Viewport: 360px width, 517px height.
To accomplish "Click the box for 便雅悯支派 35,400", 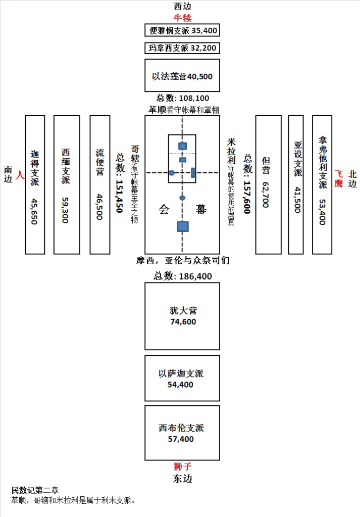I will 182,30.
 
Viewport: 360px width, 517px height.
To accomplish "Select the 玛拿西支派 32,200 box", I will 182,49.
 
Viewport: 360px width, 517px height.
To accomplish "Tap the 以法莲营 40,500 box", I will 182,75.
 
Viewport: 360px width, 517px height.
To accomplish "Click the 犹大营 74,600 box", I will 182,316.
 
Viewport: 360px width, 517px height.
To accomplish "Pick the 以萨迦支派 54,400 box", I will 182,378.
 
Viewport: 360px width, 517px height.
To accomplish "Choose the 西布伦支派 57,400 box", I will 182,433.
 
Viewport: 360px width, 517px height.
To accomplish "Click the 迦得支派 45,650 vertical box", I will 35,184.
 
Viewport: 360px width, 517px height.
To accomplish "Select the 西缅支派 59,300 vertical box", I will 67,184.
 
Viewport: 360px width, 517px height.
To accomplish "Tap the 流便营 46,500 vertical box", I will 100,184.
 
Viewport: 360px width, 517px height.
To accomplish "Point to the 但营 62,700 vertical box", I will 268,184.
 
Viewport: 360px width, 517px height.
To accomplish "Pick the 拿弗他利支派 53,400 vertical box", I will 322,184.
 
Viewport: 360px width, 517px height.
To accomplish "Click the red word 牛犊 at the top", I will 182,18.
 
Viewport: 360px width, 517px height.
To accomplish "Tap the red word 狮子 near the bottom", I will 182,466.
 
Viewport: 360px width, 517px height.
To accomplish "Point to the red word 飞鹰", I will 338,178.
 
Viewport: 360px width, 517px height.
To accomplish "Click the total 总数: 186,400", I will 183,276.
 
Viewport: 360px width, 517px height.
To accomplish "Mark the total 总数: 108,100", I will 182,98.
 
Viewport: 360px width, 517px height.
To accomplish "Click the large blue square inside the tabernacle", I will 182,226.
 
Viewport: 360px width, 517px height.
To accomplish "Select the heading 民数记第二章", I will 35,490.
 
